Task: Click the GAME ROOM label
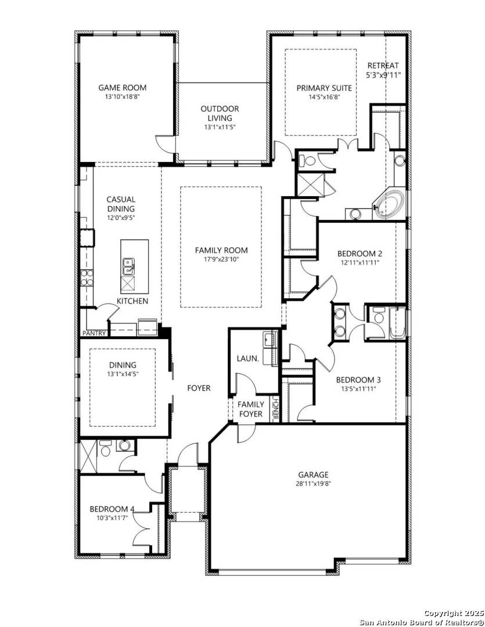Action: [x=122, y=88]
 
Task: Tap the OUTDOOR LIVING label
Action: [x=220, y=113]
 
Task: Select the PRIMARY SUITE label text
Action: [x=324, y=88]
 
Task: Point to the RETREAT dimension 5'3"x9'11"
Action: [x=383, y=75]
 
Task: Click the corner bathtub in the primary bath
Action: [x=390, y=203]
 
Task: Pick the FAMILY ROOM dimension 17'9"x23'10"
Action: [x=221, y=260]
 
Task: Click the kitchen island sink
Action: [x=128, y=267]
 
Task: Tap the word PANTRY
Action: [x=94, y=333]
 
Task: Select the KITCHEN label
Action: [x=132, y=301]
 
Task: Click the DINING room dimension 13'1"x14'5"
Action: [x=123, y=374]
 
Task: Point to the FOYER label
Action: [x=199, y=388]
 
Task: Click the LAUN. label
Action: [x=247, y=359]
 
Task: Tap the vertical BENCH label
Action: [x=276, y=408]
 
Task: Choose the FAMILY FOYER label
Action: [x=251, y=409]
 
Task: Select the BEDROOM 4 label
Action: [x=112, y=509]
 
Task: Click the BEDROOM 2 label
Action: [x=360, y=254]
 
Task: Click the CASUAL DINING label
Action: [x=121, y=204]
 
